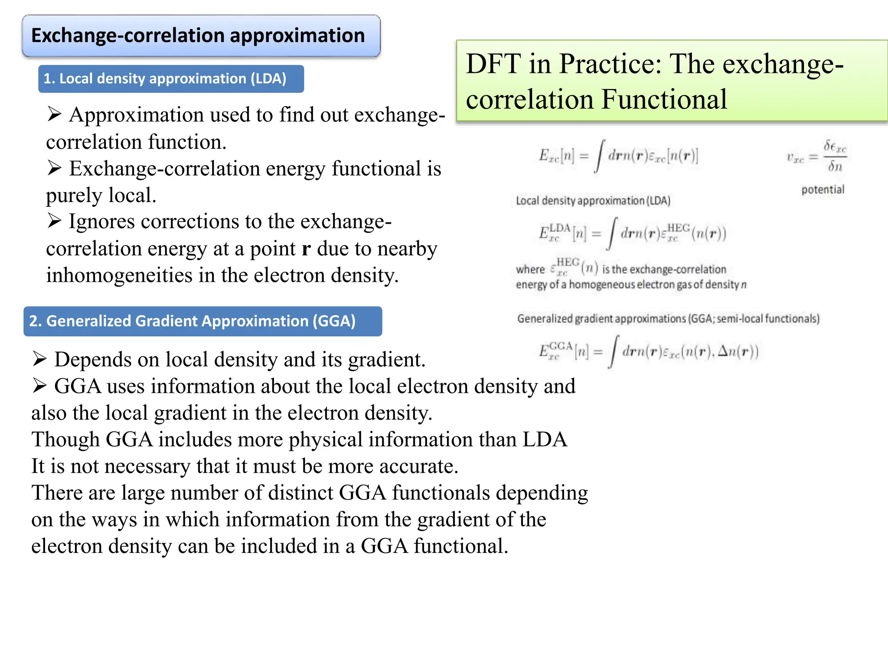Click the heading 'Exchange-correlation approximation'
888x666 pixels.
[198, 36]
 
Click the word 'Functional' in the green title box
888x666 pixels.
[664, 99]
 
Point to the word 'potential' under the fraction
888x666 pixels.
[823, 189]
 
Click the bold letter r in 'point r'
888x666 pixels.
[306, 249]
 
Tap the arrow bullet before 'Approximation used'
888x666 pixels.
[54, 114]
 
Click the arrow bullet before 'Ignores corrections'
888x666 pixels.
[54, 221]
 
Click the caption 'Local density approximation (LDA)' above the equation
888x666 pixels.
[593, 201]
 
